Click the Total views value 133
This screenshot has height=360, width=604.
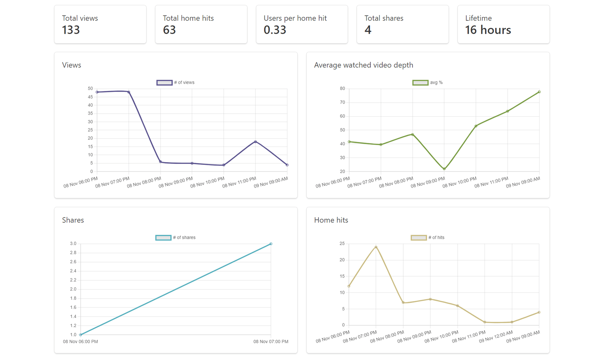pos(71,30)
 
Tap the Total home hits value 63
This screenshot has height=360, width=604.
pos(169,30)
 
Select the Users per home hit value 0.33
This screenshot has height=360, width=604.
pos(275,30)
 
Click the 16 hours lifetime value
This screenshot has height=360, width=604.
pos(488,30)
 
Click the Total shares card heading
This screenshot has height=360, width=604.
pos(383,18)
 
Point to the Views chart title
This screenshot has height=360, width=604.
pos(71,65)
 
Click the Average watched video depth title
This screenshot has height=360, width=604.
pos(363,65)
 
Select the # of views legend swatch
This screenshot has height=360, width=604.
pos(164,83)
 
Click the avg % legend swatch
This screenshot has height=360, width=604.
pos(420,83)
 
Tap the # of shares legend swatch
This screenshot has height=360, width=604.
pos(163,238)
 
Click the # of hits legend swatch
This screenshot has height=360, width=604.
pos(418,238)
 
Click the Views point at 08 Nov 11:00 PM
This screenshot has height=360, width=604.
pos(255,142)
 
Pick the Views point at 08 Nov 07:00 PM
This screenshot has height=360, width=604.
pos(129,92)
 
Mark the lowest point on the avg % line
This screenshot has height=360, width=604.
pos(444,169)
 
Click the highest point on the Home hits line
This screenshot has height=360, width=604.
pos(376,247)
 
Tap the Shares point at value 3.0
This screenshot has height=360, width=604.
pos(271,244)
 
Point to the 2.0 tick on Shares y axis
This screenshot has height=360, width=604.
pos(73,289)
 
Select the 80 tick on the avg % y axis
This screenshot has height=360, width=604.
pos(342,89)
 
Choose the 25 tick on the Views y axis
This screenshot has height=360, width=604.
pos(90,130)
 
